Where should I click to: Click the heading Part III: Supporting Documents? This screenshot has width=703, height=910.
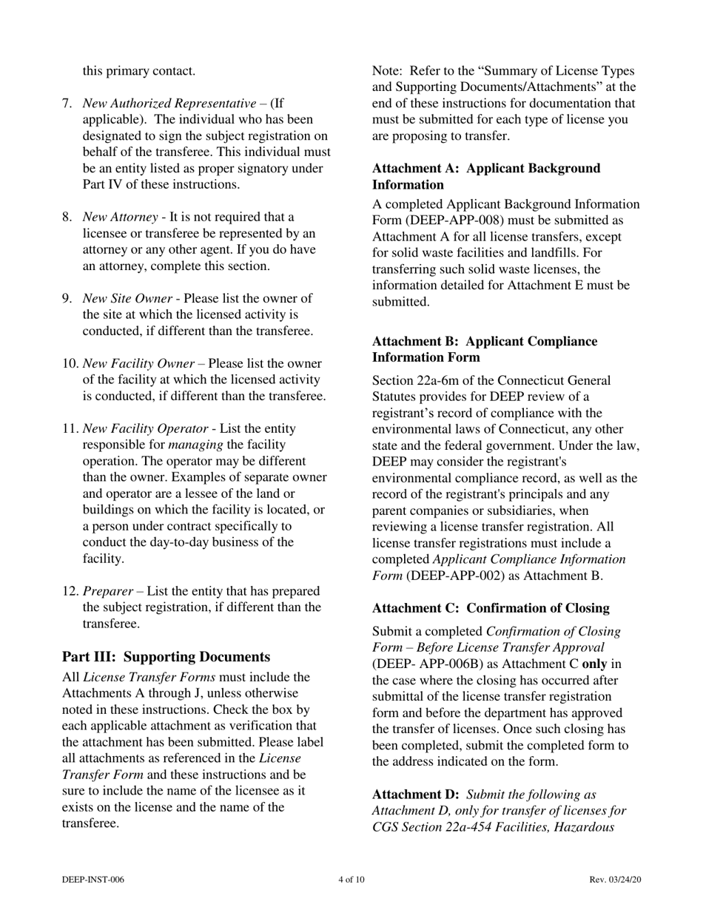click(166, 657)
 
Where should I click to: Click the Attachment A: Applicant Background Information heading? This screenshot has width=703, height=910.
click(486, 177)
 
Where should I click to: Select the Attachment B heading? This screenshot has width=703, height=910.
click(484, 350)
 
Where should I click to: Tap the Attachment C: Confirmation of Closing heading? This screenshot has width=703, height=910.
click(491, 608)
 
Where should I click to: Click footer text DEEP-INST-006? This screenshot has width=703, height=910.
click(93, 880)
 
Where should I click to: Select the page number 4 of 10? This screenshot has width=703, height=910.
click(351, 880)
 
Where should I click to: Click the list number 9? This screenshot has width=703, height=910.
click(67, 298)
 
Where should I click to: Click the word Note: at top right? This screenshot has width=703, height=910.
click(386, 72)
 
